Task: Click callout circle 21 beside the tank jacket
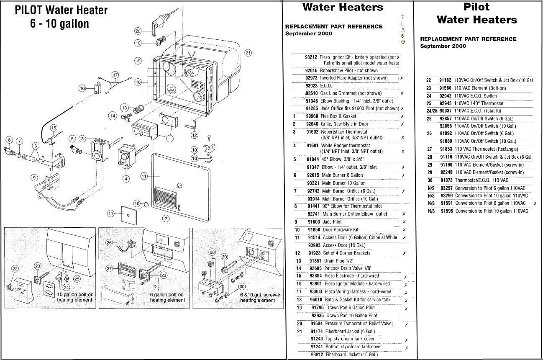click(248, 53)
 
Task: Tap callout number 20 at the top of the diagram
click(138, 31)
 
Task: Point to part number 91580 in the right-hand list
click(445, 88)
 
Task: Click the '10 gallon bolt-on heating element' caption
click(75, 297)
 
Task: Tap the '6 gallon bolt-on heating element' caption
click(167, 297)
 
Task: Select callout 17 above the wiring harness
click(115, 75)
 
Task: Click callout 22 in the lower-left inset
click(15, 269)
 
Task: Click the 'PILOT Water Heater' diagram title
click(61, 10)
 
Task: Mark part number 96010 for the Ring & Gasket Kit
click(316, 300)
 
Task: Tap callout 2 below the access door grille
click(166, 218)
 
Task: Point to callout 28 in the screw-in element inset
click(212, 252)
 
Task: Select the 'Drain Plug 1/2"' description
click(336, 261)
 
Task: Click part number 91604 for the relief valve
click(317, 324)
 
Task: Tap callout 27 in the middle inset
click(110, 268)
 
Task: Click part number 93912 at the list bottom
click(317, 355)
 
